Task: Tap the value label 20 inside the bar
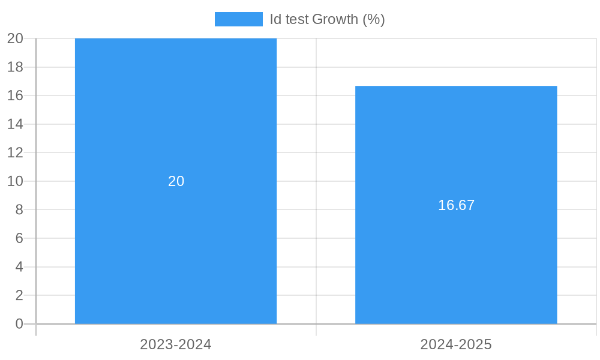(x=176, y=181)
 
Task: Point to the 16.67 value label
(x=456, y=205)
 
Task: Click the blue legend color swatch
(x=238, y=19)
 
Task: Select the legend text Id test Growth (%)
(x=327, y=19)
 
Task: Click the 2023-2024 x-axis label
(x=176, y=344)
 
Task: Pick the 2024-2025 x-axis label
(x=456, y=344)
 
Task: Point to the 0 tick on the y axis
(x=19, y=324)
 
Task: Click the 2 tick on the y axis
(x=19, y=295)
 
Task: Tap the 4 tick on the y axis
(x=19, y=266)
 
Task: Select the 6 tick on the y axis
(x=19, y=238)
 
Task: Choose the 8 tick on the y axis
(x=19, y=209)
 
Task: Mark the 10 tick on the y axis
(x=16, y=181)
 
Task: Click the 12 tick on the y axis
(x=16, y=152)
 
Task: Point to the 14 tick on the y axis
(x=16, y=124)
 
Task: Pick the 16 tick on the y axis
(x=16, y=95)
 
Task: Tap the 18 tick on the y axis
(x=16, y=67)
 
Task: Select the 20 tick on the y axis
(x=16, y=38)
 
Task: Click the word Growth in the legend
(x=335, y=19)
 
